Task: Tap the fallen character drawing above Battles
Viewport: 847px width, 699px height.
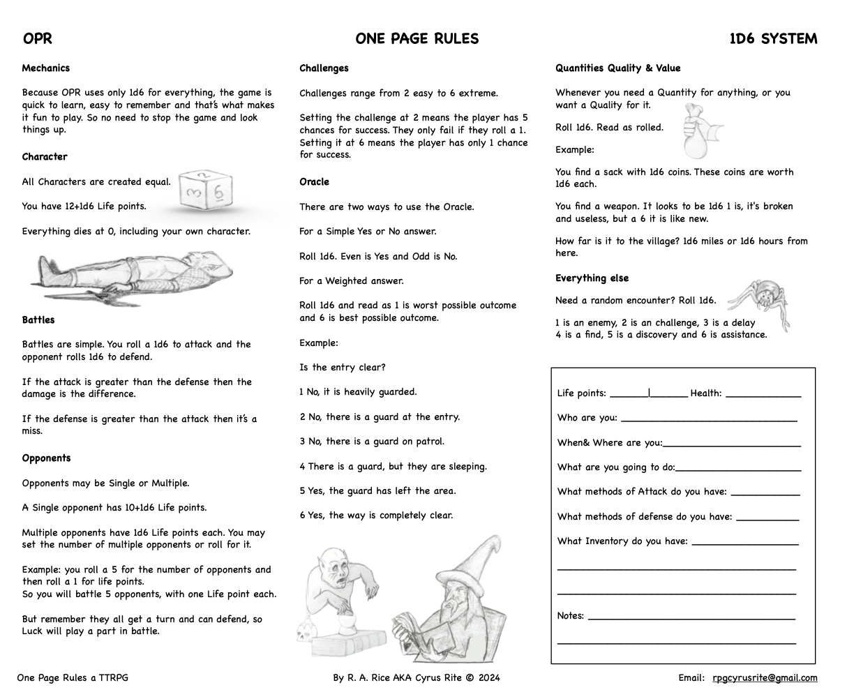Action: click(133, 275)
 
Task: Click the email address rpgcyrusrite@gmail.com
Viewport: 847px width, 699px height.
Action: click(765, 677)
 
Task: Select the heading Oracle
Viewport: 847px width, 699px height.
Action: click(314, 182)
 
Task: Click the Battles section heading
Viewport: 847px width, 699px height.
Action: click(38, 320)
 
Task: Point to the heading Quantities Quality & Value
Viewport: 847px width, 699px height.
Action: click(617, 68)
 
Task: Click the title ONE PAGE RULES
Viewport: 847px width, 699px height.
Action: click(417, 39)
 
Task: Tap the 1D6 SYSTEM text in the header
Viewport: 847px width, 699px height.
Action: click(773, 39)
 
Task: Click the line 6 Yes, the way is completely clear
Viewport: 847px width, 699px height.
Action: click(376, 516)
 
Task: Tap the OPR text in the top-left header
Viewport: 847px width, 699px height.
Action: click(38, 39)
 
